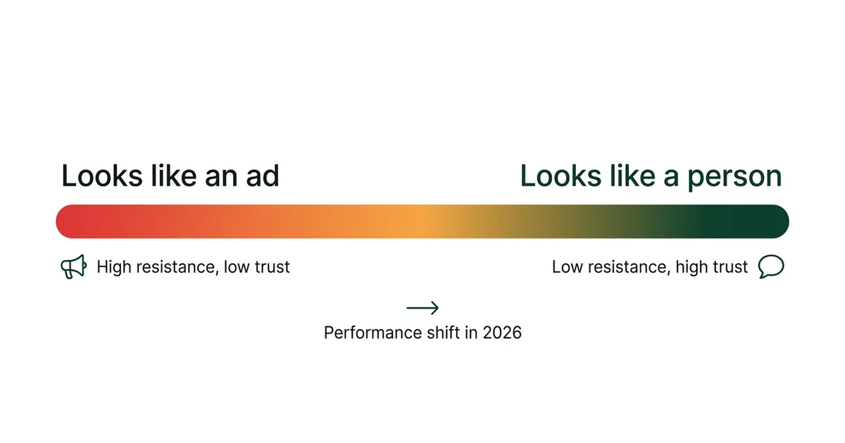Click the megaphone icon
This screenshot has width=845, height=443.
tap(73, 267)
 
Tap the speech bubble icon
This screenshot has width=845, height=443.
tap(771, 267)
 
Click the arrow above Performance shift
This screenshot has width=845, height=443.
tap(423, 307)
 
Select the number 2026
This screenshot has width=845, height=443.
tap(502, 333)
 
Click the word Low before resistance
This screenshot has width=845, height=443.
tap(567, 267)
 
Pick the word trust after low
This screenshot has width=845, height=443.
tap(273, 267)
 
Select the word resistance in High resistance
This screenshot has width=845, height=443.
tap(175, 267)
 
